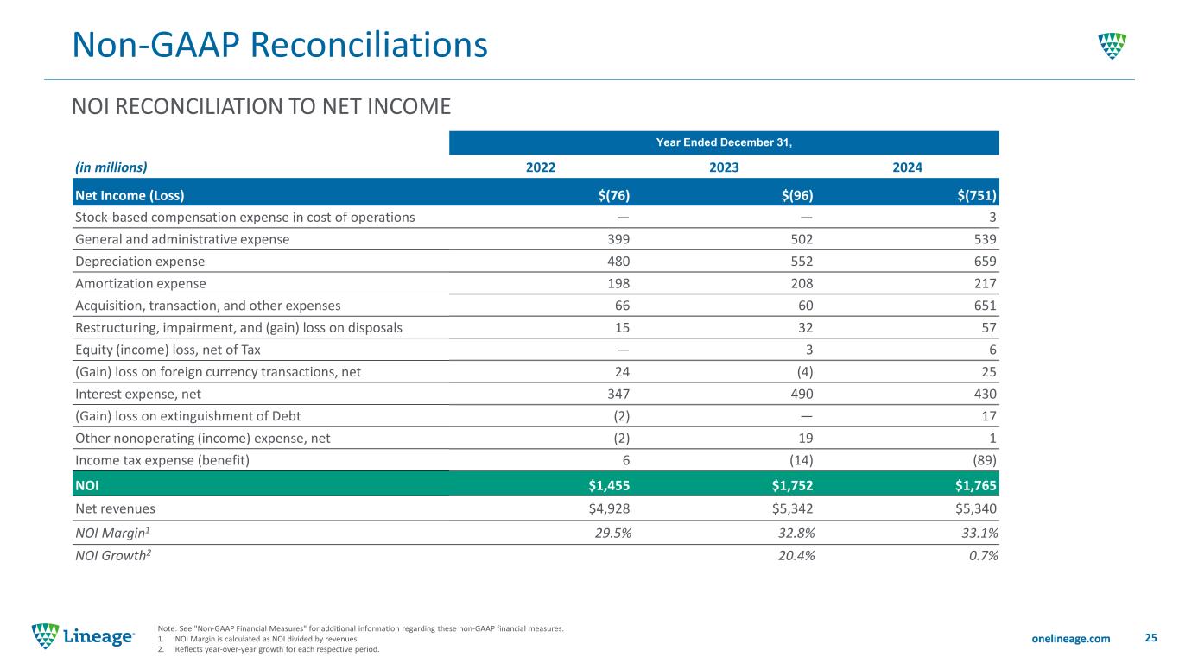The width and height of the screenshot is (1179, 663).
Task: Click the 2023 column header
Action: [724, 167]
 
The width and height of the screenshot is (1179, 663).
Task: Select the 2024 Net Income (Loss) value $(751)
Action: [976, 196]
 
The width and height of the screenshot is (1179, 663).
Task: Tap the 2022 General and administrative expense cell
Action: [618, 239]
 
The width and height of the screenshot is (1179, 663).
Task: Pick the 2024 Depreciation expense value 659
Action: [985, 262]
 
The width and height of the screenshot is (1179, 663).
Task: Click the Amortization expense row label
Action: [141, 284]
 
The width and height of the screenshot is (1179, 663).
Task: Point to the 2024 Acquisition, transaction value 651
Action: [985, 306]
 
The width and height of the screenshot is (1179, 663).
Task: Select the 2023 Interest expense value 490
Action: [802, 395]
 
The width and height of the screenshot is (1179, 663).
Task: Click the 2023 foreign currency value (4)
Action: [805, 372]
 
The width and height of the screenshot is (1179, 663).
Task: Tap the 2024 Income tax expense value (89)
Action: [985, 460]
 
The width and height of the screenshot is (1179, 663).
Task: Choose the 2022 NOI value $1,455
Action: [609, 485]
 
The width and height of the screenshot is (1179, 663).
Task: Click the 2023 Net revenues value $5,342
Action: [792, 508]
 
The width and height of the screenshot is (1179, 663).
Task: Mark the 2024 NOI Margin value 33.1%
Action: [979, 533]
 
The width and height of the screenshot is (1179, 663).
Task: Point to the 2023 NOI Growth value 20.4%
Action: [796, 556]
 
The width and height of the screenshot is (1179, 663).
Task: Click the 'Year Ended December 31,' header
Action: [724, 142]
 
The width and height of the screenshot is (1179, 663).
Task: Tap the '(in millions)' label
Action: [111, 167]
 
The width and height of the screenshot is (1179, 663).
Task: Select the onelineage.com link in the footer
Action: [1070, 639]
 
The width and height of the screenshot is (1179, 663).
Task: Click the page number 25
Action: [1151, 638]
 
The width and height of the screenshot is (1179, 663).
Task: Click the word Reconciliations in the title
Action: [369, 45]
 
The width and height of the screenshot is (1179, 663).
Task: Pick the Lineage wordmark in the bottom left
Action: [98, 637]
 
